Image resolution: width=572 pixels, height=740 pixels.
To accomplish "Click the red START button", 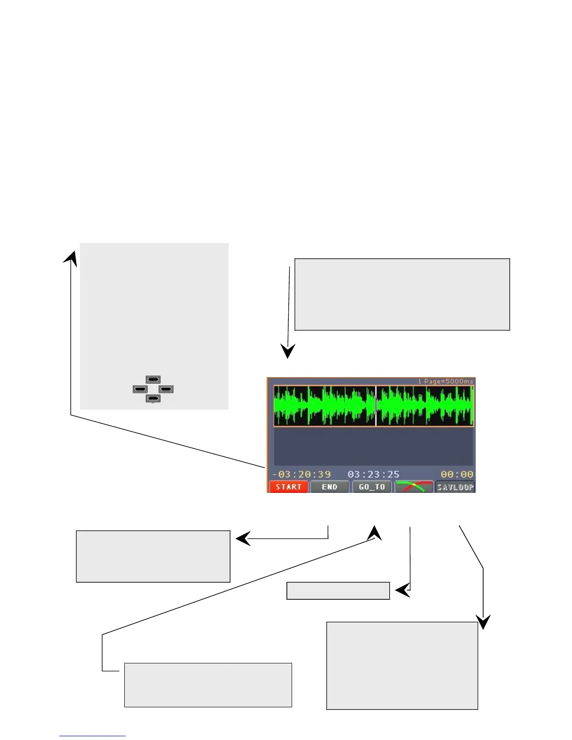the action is tap(288, 487).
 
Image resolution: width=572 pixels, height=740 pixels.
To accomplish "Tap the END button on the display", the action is tap(329, 487).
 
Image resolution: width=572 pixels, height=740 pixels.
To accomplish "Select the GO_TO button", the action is tap(372, 487).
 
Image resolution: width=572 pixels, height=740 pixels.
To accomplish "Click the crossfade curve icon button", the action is tap(414, 487).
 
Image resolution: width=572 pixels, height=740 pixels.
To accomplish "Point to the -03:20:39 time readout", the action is tap(302, 474).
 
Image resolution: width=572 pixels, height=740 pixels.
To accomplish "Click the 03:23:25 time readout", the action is tap(373, 474).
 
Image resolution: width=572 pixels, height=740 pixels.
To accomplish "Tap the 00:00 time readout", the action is tap(457, 474).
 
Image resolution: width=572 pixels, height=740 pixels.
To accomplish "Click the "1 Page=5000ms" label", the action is tap(445, 381).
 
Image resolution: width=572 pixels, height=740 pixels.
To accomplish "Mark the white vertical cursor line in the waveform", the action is tap(376, 406).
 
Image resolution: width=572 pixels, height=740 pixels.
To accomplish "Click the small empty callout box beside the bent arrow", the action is tap(338, 591).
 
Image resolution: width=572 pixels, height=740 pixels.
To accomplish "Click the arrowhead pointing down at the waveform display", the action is tap(287, 351).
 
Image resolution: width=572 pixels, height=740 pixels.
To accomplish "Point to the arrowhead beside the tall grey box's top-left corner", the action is tap(71, 258).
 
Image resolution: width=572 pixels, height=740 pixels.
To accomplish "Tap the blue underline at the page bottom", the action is tap(92, 736).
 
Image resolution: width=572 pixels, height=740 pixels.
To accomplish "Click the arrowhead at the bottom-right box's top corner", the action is tap(483, 622).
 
